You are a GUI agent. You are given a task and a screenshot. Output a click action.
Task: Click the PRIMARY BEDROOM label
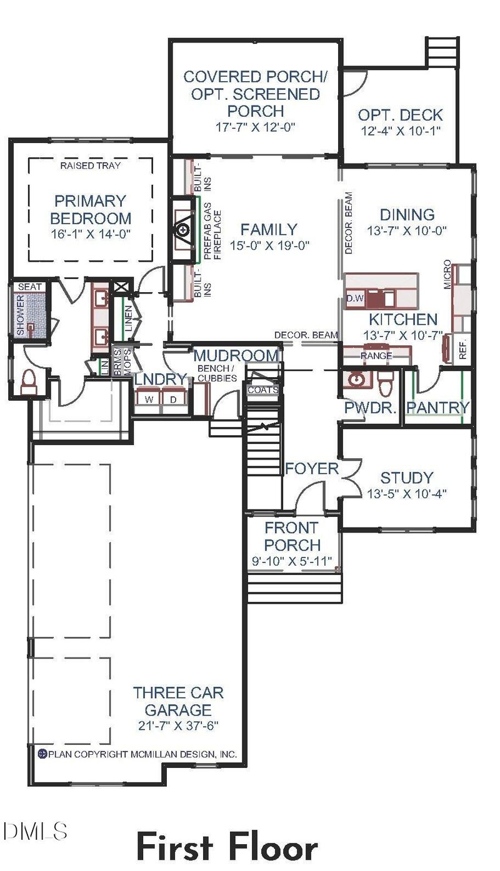coord(91,210)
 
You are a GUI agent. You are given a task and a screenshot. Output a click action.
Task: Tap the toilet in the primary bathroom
coord(29,382)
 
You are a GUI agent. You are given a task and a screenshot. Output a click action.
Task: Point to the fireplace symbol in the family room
coord(182,230)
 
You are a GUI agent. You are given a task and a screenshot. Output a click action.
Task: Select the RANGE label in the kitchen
coord(376,355)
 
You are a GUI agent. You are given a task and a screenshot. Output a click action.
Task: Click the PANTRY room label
coord(437,408)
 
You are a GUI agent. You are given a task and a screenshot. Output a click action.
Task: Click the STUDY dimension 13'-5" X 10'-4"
coord(407,493)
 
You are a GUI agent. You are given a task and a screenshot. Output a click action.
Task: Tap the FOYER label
coord(312,468)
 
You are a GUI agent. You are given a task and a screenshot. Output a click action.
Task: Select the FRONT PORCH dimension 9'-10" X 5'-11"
coord(291,560)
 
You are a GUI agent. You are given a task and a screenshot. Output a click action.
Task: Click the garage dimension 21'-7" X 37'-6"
coord(178,726)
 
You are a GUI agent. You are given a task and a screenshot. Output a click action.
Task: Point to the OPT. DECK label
coord(400,115)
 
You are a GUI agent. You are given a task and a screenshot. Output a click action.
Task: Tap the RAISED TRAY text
coord(91,165)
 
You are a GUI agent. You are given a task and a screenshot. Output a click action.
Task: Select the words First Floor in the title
coord(227,847)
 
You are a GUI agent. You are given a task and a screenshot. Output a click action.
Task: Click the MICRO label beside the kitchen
coord(447,274)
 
